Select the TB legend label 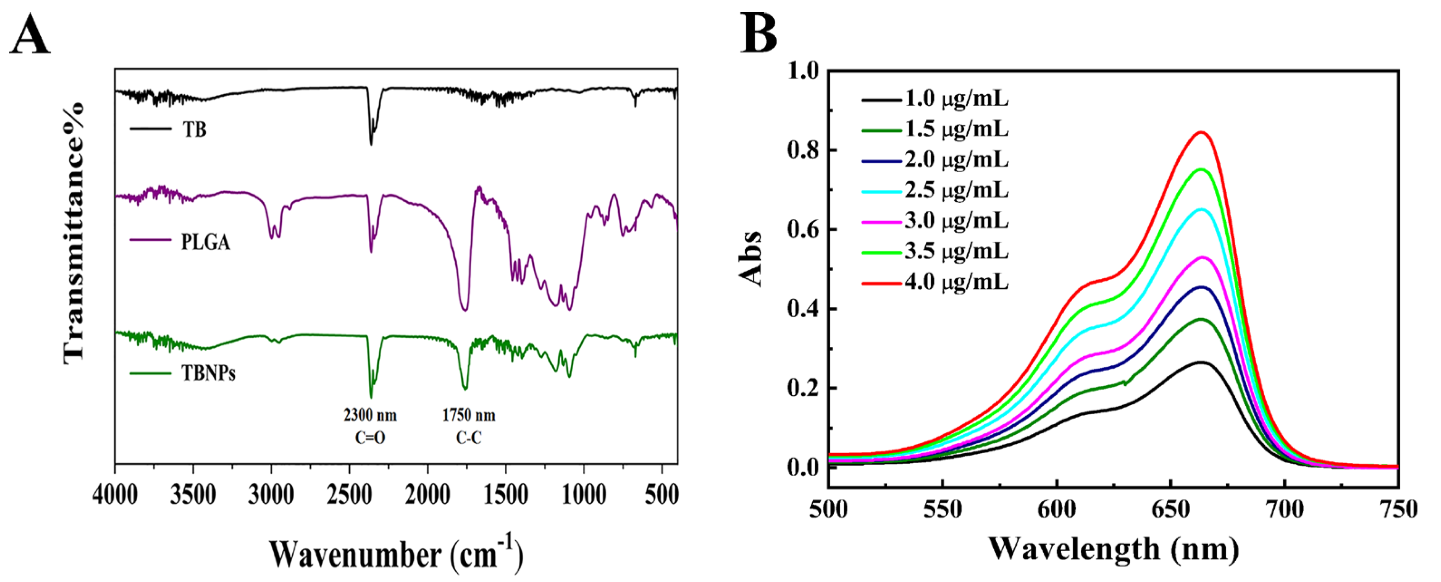click(194, 130)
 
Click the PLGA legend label click(205, 243)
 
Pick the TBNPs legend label click(208, 373)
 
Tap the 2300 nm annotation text click(370, 415)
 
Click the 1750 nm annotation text click(469, 415)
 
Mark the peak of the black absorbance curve click(1199, 362)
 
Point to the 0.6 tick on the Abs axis click(803, 230)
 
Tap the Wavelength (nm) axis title click(1113, 548)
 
